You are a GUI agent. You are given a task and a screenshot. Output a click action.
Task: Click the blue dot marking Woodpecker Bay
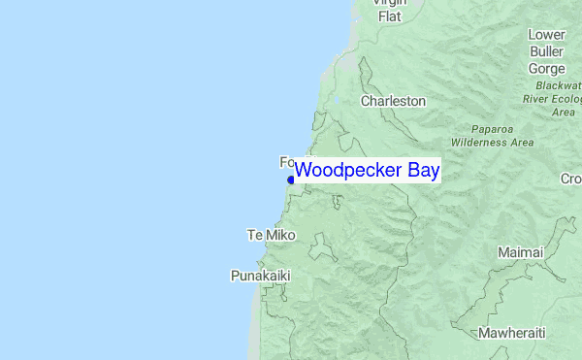291,179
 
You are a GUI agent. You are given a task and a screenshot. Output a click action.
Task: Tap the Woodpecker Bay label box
368,171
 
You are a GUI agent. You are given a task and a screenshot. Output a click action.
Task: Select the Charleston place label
393,101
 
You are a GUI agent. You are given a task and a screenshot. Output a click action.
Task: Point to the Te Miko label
272,236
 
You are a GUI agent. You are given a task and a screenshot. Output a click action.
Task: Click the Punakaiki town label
260,276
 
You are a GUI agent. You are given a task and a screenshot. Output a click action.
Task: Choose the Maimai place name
521,252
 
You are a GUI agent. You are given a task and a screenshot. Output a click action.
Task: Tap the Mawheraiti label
511,333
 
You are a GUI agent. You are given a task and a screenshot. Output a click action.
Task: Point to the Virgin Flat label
391,9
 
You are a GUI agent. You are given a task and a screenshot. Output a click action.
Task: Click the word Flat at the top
390,16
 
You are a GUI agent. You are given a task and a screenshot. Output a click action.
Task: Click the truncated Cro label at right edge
570,179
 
